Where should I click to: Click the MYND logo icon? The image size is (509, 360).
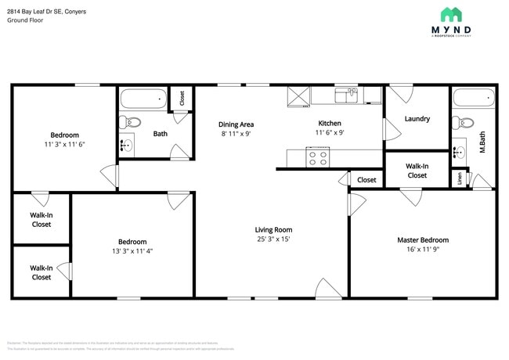tap(450, 14)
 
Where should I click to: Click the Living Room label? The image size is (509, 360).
tap(273, 229)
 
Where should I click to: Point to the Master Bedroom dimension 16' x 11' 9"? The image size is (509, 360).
tap(423, 250)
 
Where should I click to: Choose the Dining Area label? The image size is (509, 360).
tap(236, 124)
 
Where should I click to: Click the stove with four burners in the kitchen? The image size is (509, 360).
tap(318, 157)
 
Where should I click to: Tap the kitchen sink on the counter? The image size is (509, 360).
tap(345, 95)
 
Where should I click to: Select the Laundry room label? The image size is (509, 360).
tap(417, 119)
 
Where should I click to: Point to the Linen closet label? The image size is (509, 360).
tap(459, 178)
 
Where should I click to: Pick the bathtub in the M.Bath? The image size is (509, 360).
tap(474, 99)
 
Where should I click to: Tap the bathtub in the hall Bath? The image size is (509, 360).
tap(143, 99)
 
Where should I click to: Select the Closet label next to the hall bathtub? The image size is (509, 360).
tap(182, 98)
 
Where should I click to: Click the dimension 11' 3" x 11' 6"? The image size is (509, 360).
tap(64, 145)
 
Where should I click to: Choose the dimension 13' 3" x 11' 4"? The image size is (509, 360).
tap(132, 251)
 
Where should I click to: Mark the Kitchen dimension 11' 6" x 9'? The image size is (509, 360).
tap(329, 133)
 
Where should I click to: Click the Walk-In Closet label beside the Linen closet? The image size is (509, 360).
tap(417, 171)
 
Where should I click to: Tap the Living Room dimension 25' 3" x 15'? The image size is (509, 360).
tap(273, 239)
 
